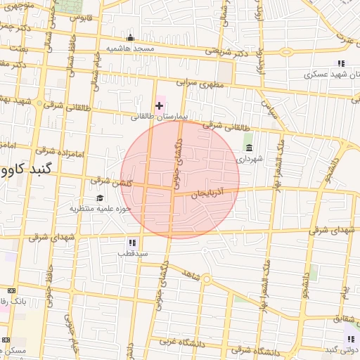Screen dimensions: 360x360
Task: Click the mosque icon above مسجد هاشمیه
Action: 129,38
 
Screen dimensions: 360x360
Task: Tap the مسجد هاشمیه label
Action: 129,48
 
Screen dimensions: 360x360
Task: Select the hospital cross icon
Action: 160,105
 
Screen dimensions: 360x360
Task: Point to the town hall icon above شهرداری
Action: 249,148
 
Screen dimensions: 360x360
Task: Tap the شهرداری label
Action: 249,159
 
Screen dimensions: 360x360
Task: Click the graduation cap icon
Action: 100,198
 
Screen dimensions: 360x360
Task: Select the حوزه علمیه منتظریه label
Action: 100,209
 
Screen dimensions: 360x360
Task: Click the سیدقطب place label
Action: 131,252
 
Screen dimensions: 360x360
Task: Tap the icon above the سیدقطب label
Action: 124,243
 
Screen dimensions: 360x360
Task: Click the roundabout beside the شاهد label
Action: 207,280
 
